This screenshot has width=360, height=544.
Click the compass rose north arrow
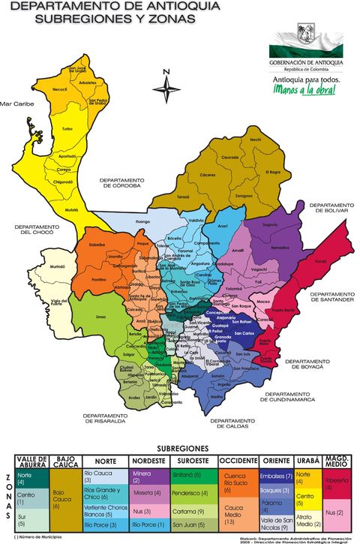click(x=166, y=87)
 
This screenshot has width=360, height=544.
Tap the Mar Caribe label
click(x=17, y=104)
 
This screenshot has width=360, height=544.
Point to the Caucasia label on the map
click(x=229, y=157)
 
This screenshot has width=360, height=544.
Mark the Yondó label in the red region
click(x=320, y=261)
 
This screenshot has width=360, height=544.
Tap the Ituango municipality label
click(x=142, y=222)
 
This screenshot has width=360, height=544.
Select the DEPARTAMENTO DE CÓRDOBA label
click(x=121, y=183)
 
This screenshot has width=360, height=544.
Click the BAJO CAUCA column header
click(x=65, y=461)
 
